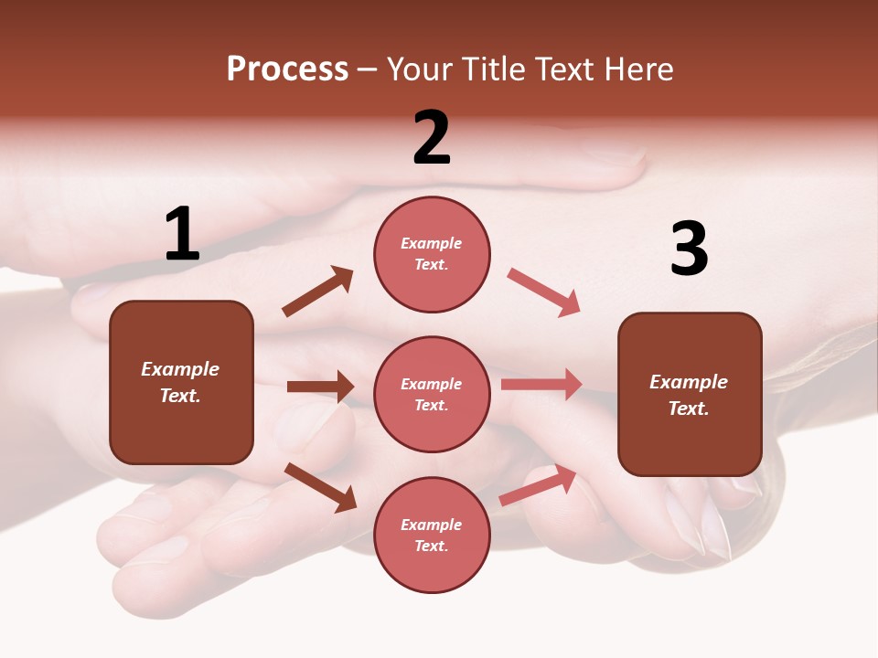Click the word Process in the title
(x=287, y=69)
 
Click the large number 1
(x=182, y=235)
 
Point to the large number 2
(x=432, y=138)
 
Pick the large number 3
(x=689, y=249)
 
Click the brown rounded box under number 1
(x=181, y=382)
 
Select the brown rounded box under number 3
(x=690, y=394)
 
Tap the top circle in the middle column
(x=432, y=254)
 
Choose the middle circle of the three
(x=432, y=394)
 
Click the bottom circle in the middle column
(x=432, y=535)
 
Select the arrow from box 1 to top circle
(x=318, y=292)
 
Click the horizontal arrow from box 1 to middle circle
(x=320, y=387)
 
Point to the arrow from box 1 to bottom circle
(x=320, y=487)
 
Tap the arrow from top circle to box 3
(x=544, y=292)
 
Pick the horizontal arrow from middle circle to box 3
(x=541, y=385)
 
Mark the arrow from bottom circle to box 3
(x=539, y=485)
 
